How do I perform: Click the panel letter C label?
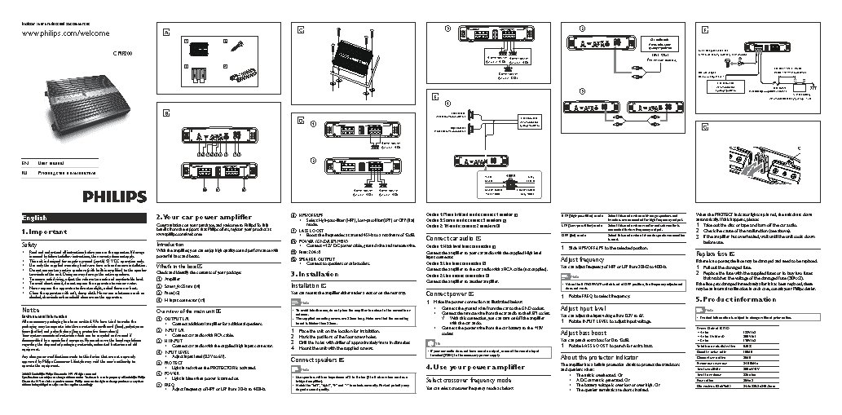click(300, 31)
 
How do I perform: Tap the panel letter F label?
click(702, 31)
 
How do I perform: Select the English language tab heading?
click(40, 219)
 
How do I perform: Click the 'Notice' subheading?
click(30, 311)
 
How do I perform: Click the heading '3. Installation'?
click(315, 273)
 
